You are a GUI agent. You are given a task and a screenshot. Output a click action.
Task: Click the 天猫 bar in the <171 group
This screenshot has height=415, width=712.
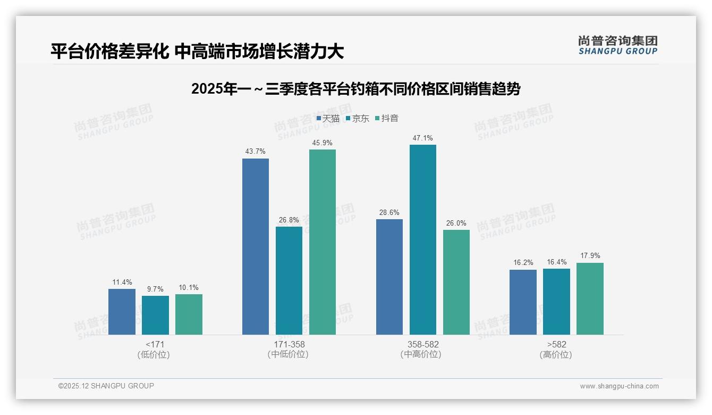point(122,312)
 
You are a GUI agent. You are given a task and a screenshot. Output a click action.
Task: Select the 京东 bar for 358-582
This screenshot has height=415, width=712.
point(422,239)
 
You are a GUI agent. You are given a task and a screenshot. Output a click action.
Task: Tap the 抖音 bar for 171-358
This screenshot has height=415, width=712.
point(322,242)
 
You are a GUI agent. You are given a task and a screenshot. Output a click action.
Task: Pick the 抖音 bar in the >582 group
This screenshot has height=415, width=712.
point(590,298)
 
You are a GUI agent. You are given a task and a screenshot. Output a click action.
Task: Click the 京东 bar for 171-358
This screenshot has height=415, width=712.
point(289,280)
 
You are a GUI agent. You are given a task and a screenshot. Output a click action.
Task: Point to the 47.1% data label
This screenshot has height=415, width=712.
point(422,138)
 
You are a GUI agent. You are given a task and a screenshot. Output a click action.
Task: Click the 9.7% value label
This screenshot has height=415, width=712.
point(155,289)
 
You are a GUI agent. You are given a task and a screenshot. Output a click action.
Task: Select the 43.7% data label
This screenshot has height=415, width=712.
point(255,152)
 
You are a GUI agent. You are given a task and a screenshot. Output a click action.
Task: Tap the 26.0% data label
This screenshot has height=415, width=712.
point(456,223)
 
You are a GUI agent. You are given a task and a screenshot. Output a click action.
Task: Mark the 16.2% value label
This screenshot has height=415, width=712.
point(523,263)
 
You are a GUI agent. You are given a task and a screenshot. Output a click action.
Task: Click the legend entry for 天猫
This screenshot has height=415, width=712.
point(328,119)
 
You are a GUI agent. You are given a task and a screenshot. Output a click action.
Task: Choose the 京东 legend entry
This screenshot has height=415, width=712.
point(358,119)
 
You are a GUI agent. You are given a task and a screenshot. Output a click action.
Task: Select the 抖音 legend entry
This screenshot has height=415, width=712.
point(387,119)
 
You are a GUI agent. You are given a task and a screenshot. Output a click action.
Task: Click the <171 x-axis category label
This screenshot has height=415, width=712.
point(155,344)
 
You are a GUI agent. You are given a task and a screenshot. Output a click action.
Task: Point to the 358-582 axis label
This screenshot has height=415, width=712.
point(422,344)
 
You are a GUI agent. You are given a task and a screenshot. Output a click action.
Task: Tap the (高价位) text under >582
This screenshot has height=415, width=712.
point(556,355)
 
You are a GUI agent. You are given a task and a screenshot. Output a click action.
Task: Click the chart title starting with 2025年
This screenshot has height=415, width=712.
point(355,89)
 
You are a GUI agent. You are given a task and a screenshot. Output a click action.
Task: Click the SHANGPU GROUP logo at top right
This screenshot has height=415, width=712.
point(617,45)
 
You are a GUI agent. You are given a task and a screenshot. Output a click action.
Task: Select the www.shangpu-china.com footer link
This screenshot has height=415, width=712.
point(619,386)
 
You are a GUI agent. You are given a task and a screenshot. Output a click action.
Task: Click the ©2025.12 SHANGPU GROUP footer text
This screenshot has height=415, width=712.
point(106,386)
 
